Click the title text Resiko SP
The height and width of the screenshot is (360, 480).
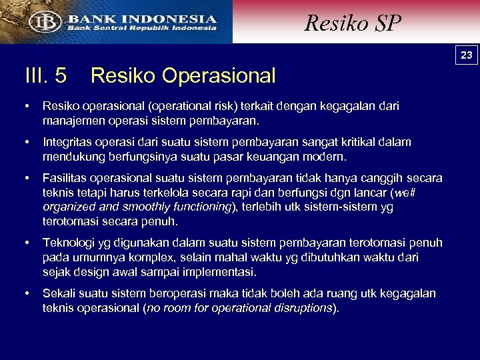[x=353, y=23]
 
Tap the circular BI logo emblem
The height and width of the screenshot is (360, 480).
[x=42, y=21]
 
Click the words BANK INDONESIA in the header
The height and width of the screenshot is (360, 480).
[x=141, y=19]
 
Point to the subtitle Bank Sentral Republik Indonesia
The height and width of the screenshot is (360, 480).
[x=141, y=29]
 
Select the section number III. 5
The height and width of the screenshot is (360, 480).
[x=45, y=76]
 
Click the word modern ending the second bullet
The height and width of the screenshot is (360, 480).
[x=324, y=158]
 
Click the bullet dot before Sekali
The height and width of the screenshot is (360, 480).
[x=27, y=293]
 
